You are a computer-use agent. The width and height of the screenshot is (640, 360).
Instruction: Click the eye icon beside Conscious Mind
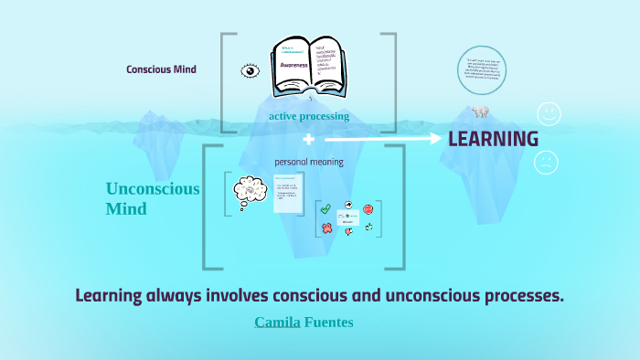[x=250, y=69]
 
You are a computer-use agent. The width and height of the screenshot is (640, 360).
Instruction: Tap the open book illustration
[x=307, y=66]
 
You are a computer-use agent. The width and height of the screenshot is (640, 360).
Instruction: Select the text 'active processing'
[x=309, y=116]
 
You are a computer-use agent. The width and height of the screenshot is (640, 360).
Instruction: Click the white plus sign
[x=308, y=140]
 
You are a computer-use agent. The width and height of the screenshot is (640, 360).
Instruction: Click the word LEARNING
[x=493, y=139]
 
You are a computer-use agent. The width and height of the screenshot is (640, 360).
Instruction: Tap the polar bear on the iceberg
[x=480, y=111]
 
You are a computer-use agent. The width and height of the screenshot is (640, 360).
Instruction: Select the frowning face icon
[x=547, y=162]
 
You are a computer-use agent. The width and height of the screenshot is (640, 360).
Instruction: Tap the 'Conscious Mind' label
[x=161, y=69]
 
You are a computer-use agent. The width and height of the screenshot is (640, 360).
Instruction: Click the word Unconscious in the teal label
[x=152, y=189]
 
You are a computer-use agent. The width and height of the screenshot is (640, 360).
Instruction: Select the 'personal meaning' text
[x=309, y=162]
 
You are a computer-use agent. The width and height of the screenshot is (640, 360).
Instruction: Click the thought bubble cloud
[x=250, y=190]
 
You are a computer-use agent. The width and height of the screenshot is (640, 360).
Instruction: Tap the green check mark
[x=325, y=209]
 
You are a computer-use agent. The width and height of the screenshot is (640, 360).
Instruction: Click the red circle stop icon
[x=368, y=209]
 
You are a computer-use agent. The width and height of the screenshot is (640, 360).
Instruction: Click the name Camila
[x=277, y=323]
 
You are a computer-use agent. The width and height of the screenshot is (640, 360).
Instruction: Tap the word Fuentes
[x=328, y=323]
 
